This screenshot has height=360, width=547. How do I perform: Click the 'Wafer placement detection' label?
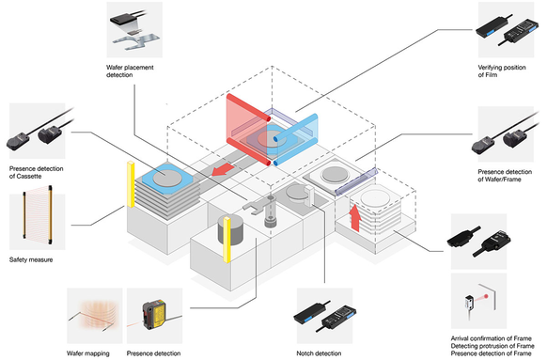[x=130, y=71]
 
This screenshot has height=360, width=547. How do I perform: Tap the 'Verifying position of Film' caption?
[x=502, y=71]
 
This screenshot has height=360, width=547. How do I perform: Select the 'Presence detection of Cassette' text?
[x=37, y=172]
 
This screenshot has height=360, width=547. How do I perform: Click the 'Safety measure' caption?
[x=31, y=259]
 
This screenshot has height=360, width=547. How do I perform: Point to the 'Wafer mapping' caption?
[x=88, y=353]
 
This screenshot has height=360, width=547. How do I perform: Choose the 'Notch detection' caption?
[x=319, y=353]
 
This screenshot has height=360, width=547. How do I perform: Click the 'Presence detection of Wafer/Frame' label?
[x=505, y=176]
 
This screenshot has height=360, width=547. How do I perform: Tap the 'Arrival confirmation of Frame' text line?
[x=492, y=338]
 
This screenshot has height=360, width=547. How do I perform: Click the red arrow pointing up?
[x=355, y=218]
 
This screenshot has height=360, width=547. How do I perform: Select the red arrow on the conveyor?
[x=224, y=169]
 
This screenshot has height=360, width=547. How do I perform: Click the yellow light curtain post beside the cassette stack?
[x=131, y=184]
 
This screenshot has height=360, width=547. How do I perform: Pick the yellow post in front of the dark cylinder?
[x=227, y=240]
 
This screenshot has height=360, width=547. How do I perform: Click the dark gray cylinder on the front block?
[x=230, y=229]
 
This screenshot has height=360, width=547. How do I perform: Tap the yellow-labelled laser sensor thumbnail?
[x=154, y=315]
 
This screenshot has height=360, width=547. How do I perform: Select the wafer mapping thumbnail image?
[x=95, y=315]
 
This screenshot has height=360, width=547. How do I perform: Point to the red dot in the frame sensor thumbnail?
[x=486, y=296]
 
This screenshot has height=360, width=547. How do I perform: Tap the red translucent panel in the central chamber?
[x=248, y=129]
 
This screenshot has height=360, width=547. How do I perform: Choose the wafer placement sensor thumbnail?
[x=134, y=30]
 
